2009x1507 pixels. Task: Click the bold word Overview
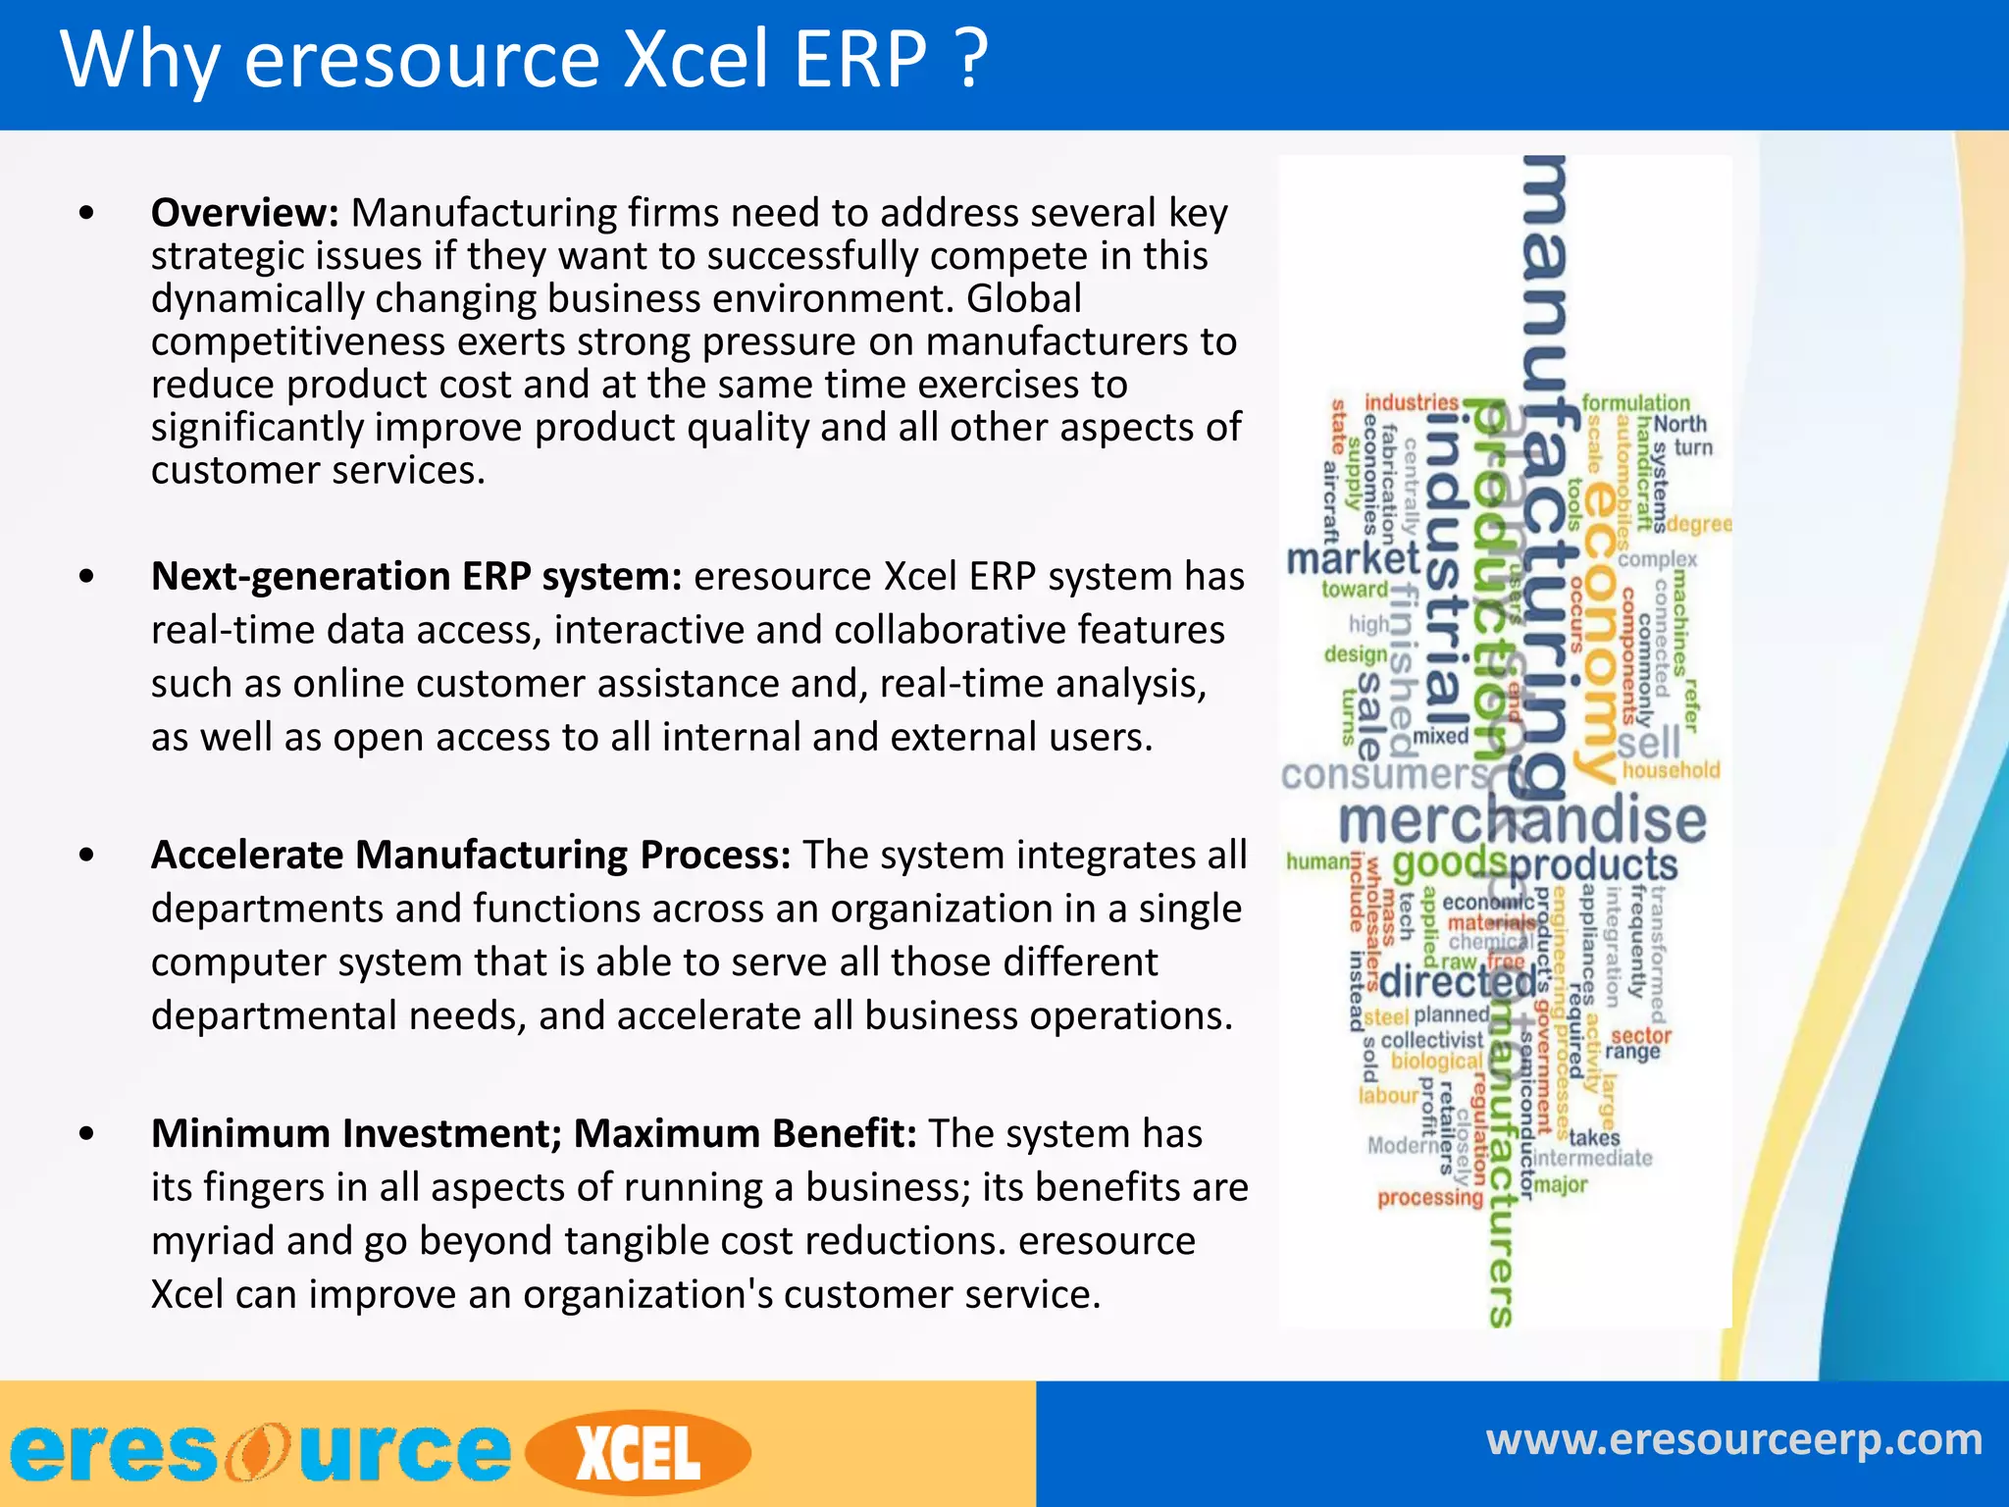point(244,213)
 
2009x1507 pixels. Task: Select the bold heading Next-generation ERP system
point(416,577)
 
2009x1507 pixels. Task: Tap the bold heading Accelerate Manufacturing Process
point(471,855)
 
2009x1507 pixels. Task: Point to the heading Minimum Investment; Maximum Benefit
point(534,1133)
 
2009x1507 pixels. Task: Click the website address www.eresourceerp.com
point(1733,1440)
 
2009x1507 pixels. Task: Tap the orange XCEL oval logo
point(639,1453)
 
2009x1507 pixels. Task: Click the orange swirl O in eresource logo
point(257,1452)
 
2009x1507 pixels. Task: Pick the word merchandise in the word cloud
point(1522,820)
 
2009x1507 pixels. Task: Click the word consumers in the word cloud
point(1384,775)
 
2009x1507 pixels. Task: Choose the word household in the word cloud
point(1671,770)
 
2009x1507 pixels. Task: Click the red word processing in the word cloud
point(1430,1198)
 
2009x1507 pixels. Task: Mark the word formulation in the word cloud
point(1635,402)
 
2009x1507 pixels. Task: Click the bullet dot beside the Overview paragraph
point(87,213)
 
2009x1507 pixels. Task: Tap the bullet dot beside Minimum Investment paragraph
point(87,1134)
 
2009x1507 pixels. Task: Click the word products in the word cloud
point(1593,864)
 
